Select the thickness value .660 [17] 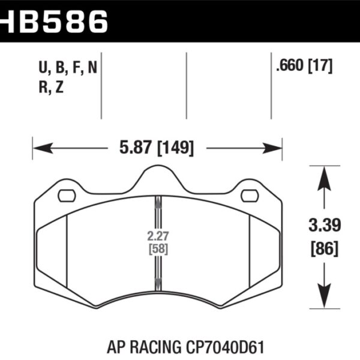(304, 67)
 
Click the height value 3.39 (323, 225)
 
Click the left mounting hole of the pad (66, 196)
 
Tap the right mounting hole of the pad (249, 196)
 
